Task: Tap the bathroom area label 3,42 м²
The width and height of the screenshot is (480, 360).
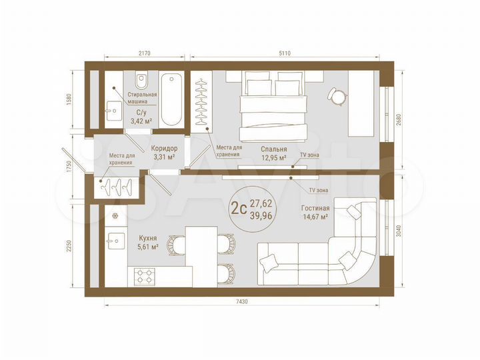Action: [x=140, y=121]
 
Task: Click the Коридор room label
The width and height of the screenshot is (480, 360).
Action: [x=164, y=149]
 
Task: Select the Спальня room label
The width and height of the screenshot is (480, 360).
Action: [x=273, y=150]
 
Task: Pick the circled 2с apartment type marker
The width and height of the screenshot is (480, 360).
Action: [x=238, y=207]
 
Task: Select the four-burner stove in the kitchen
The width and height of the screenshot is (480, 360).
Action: [x=145, y=275]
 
